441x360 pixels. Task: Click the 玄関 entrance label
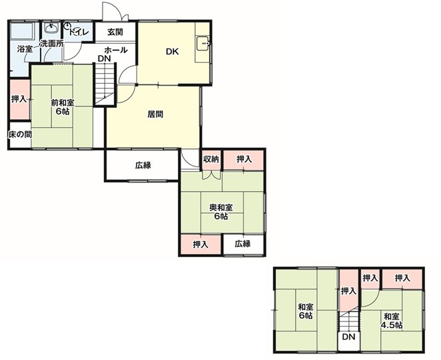[x=115, y=32]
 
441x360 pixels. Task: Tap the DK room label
[x=173, y=52]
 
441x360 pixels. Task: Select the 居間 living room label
[x=155, y=114]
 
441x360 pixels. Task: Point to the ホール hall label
[x=116, y=51]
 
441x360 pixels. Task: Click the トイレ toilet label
[x=79, y=32]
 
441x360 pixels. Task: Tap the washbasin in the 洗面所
[x=51, y=29]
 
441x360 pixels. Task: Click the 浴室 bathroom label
[x=25, y=49]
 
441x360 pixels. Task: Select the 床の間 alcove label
[x=20, y=134]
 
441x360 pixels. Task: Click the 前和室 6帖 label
[x=63, y=106]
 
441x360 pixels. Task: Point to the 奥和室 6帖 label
[x=220, y=212]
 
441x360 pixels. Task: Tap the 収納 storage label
[x=211, y=159]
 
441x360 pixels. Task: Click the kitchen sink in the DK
[x=203, y=43]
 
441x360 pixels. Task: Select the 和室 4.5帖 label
[x=392, y=321]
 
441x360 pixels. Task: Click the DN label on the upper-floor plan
[x=349, y=337]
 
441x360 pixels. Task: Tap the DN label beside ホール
[x=105, y=59]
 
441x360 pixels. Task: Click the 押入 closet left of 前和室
[x=19, y=99]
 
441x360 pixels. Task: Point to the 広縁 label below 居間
[x=143, y=165]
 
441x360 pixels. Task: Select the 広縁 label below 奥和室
[x=242, y=244]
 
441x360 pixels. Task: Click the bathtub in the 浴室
[x=22, y=31]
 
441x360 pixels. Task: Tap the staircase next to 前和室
[x=105, y=85]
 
